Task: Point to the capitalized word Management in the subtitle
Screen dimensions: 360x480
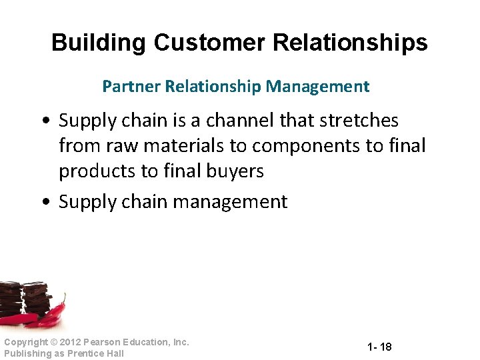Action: coord(317,86)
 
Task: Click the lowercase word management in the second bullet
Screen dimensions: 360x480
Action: coord(230,201)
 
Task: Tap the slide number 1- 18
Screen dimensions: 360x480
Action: coord(379,347)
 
